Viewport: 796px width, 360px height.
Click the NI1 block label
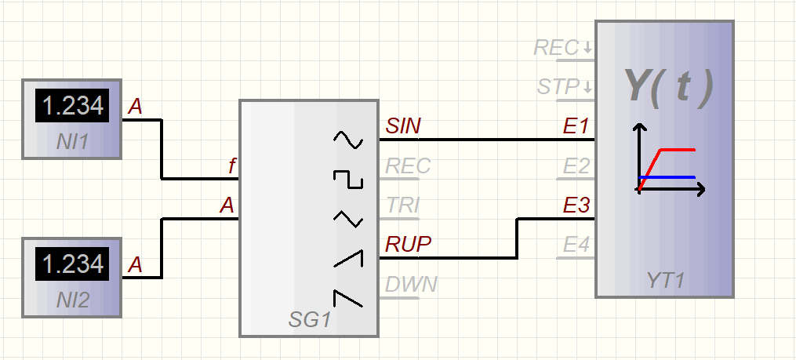click(73, 142)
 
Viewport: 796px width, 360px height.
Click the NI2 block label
click(73, 299)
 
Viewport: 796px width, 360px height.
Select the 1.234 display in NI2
click(73, 264)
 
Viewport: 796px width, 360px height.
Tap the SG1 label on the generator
click(309, 320)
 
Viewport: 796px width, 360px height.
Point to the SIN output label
click(403, 126)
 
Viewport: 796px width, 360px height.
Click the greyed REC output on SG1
click(408, 166)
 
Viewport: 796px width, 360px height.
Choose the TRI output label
click(403, 205)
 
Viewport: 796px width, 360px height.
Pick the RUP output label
click(408, 245)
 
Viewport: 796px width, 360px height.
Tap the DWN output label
click(410, 284)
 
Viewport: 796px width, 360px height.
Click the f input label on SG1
click(231, 166)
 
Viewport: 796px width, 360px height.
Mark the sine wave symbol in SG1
click(348, 140)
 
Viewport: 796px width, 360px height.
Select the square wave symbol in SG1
click(348, 179)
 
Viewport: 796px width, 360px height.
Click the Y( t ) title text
click(667, 86)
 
